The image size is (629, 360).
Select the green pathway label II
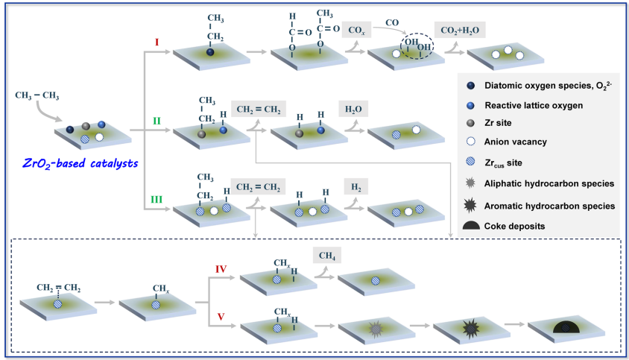pos(157,121)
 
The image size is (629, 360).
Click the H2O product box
pos(353,109)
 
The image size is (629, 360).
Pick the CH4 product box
pos(326,256)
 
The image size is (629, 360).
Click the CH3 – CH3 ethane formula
pos(37,95)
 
